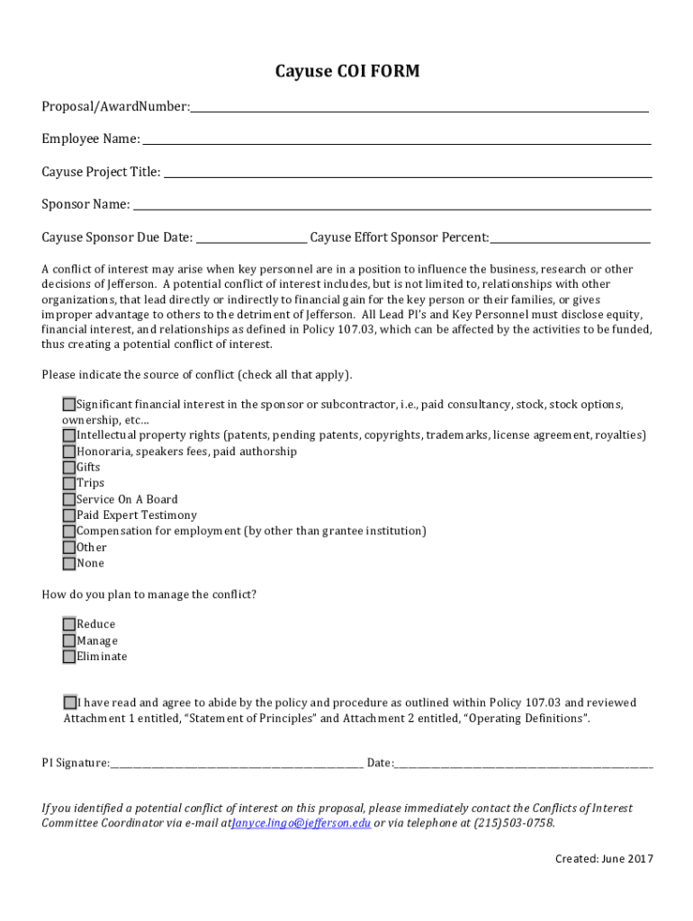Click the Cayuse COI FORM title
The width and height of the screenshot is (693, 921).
[x=346, y=71]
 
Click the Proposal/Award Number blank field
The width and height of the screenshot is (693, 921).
[x=418, y=107]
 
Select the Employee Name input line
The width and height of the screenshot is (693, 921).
[x=396, y=139]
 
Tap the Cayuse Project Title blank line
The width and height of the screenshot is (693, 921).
[x=407, y=172]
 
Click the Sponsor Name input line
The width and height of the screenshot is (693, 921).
[x=391, y=204]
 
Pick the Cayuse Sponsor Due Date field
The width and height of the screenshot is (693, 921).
[x=251, y=237]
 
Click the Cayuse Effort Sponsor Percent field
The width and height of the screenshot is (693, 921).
[x=570, y=237]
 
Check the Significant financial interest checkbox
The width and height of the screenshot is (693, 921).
[x=69, y=404]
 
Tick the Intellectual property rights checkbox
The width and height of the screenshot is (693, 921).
[x=69, y=435]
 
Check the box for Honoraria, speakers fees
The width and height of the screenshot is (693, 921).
[x=69, y=452]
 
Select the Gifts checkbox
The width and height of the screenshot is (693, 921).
[x=69, y=468]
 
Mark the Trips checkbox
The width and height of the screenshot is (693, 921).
[x=69, y=483]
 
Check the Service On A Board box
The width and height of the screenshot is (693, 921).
[x=69, y=499]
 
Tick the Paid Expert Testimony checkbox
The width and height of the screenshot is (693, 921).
[x=69, y=515]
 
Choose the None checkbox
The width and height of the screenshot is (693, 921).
[x=69, y=564]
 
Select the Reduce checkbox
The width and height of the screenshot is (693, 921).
[x=69, y=624]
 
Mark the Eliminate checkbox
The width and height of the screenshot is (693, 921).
[x=69, y=657]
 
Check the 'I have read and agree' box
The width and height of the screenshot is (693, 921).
[x=70, y=702]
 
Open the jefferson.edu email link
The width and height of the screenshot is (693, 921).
[x=301, y=823]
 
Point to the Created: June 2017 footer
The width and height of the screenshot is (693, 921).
[x=604, y=858]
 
